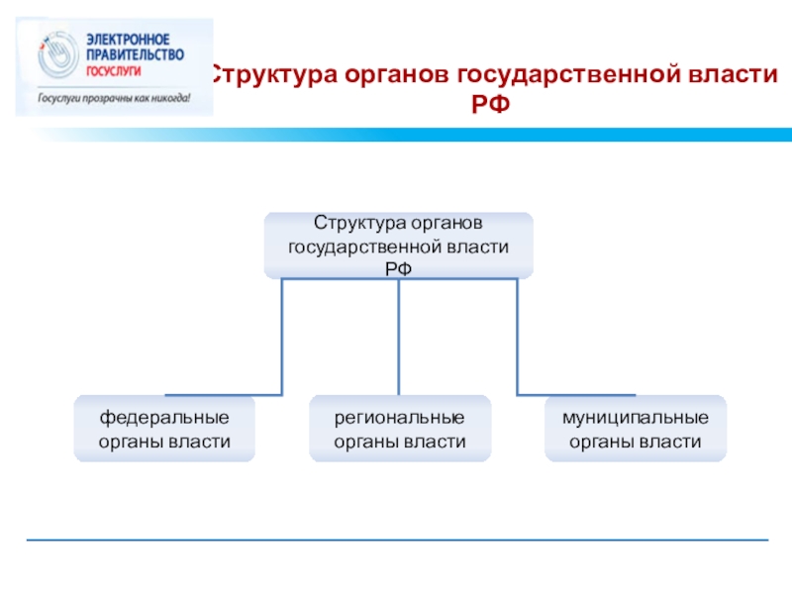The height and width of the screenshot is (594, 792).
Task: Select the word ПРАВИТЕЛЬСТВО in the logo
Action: [134, 53]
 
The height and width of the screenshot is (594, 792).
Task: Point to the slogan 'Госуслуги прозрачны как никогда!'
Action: [113, 99]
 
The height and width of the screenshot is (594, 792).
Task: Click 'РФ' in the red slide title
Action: [491, 103]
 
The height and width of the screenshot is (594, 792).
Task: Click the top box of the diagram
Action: [398, 245]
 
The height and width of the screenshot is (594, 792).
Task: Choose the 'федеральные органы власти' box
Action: [164, 429]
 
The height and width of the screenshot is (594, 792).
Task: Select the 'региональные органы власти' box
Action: [399, 429]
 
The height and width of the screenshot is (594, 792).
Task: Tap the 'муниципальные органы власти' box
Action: [635, 429]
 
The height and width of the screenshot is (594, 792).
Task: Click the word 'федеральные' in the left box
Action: [164, 417]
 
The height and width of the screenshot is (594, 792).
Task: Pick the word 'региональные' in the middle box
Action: [399, 417]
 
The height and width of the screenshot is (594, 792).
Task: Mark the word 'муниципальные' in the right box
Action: [635, 417]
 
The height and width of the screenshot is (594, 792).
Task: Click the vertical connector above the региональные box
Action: [399, 337]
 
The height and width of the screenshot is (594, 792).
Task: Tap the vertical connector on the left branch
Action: [282, 337]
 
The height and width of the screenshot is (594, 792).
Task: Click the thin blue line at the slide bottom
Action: [396, 540]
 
